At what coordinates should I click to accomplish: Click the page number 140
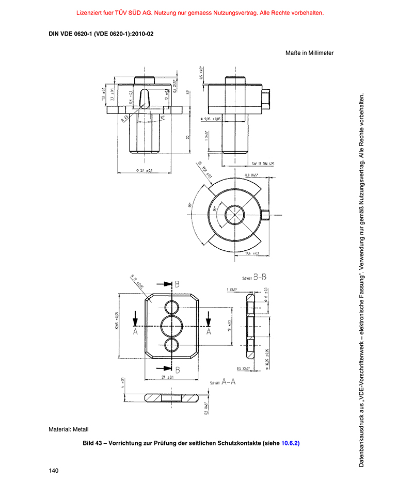tap(53, 471)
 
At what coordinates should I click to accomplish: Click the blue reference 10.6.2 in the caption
tap(290, 443)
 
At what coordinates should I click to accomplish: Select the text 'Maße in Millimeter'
tap(309, 53)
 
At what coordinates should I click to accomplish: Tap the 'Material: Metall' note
tap(69, 429)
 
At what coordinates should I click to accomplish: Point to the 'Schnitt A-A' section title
tap(223, 382)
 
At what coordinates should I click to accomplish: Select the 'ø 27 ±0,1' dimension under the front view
tap(144, 170)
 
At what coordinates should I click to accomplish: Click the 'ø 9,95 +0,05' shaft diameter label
tap(211, 119)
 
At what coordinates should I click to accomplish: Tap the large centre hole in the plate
tap(171, 326)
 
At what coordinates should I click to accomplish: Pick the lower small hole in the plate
tap(171, 345)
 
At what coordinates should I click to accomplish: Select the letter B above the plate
tap(177, 284)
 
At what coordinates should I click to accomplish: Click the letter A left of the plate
tap(135, 332)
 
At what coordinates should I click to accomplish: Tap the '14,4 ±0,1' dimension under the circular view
tap(251, 253)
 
